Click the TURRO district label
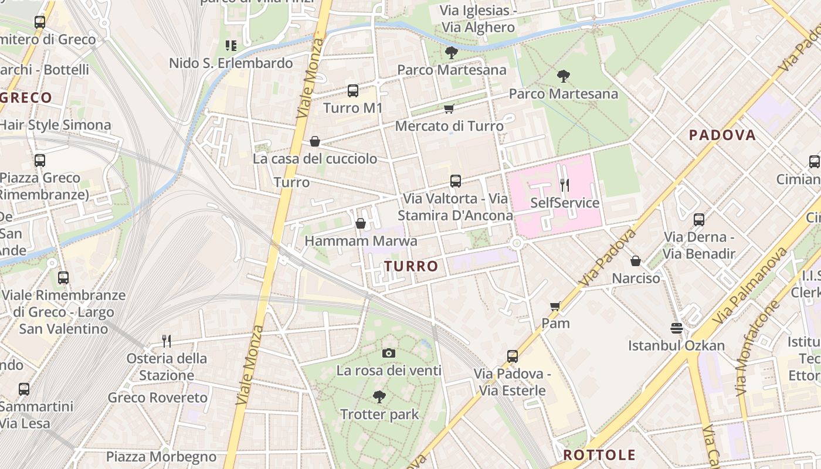[x=411, y=266]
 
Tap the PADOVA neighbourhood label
[x=722, y=135]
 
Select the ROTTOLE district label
[x=599, y=455]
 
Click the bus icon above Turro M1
[x=352, y=91]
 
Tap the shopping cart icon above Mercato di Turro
[x=449, y=108]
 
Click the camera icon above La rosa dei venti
[x=388, y=353]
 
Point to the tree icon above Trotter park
[x=379, y=397]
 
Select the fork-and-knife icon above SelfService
[x=564, y=185]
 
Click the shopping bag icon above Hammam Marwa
[x=361, y=223]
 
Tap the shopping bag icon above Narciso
[x=636, y=261]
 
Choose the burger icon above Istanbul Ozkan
[x=677, y=328]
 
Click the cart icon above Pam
[x=555, y=305]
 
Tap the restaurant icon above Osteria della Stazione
[x=167, y=341]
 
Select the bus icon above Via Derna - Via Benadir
[x=698, y=220]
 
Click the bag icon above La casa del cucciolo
[x=315, y=141]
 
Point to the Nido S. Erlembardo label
[x=230, y=63]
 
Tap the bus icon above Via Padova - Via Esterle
[x=512, y=356]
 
